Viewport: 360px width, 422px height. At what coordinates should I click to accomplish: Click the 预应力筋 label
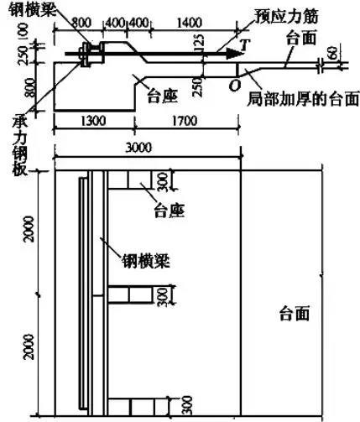point(286,17)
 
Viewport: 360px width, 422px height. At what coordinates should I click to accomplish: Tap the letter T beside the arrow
point(245,44)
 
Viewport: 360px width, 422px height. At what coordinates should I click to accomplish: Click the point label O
point(234,86)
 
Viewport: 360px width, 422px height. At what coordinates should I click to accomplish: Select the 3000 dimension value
point(138,148)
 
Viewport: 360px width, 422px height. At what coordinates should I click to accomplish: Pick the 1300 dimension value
point(93,121)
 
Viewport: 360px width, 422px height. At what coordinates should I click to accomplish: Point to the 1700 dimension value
point(185,121)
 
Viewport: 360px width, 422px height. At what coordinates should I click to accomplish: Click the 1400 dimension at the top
point(190,23)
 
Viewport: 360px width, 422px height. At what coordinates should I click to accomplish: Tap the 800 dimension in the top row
point(81,23)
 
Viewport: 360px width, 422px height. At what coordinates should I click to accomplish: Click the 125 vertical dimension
point(199,44)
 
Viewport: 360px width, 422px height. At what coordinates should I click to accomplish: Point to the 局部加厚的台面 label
point(303,98)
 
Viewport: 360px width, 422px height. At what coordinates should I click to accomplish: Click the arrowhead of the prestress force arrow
point(234,53)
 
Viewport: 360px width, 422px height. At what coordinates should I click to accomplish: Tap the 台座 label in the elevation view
point(163,96)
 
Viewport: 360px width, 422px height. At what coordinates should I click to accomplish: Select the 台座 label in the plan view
point(170,211)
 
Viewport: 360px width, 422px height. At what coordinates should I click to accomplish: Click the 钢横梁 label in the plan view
point(145,261)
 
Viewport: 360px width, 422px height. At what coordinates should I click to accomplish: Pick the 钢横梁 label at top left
point(32,10)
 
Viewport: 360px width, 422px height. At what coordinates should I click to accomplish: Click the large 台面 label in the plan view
point(295,313)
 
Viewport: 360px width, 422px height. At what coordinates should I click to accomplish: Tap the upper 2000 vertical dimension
point(29,229)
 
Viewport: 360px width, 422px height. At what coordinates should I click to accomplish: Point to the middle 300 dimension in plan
point(163,297)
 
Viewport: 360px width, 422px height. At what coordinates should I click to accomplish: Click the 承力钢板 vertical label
point(19,146)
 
